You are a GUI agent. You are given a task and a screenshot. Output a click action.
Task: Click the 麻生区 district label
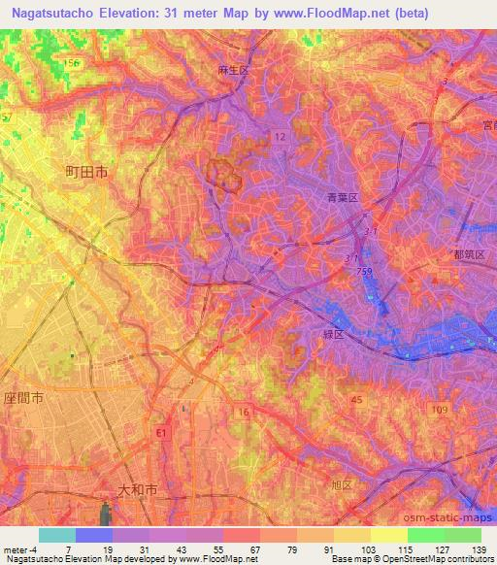click(x=233, y=71)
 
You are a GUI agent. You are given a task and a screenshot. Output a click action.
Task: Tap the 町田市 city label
click(x=86, y=170)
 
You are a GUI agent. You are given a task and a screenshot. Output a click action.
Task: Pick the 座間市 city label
click(x=22, y=399)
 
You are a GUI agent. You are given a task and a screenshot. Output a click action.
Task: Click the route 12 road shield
click(x=280, y=137)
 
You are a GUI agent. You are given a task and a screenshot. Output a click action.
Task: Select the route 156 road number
click(x=71, y=63)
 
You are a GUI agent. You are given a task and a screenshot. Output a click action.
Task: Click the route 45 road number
click(x=357, y=400)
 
